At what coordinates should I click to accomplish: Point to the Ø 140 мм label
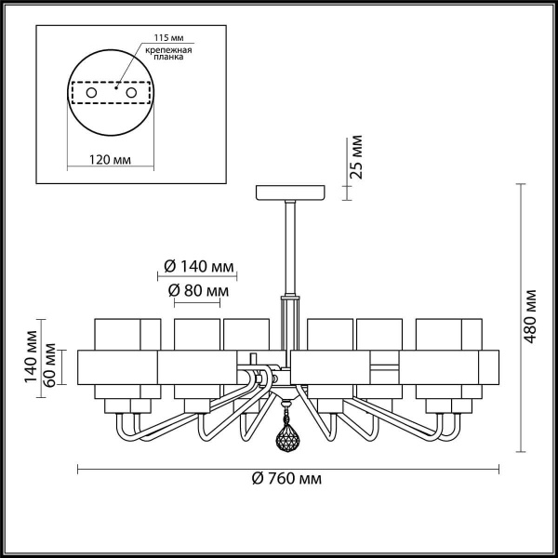(198, 265)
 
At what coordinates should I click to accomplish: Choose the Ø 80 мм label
(198, 290)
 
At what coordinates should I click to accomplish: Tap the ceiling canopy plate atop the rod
(290, 193)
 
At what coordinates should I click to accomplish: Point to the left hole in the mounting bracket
(91, 93)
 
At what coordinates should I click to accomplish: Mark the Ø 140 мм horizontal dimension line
(198, 276)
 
